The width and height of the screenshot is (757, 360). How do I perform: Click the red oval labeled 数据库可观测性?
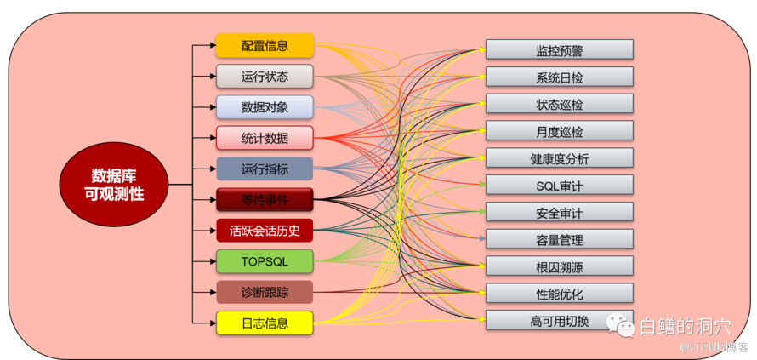(113, 185)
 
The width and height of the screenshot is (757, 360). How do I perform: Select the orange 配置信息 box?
(265, 46)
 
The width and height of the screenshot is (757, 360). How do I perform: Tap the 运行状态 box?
(265, 77)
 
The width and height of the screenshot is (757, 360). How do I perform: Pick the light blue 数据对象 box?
(265, 107)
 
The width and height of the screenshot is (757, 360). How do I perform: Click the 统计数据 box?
(265, 138)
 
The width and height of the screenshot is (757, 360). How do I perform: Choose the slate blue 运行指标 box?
(265, 169)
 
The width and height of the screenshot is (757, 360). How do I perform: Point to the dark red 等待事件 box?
(265, 200)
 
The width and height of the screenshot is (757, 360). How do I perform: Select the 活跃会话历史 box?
(265, 231)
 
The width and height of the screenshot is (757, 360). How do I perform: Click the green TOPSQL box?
(265, 261)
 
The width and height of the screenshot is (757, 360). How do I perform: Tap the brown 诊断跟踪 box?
(265, 293)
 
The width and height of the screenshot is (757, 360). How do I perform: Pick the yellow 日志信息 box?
(265, 323)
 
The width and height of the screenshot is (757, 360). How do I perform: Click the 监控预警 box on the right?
(560, 50)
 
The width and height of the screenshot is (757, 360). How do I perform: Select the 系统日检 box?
(560, 77)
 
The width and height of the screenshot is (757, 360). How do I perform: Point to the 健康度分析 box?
(560, 159)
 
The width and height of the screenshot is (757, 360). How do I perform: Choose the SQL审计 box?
(560, 186)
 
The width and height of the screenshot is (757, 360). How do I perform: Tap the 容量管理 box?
(560, 240)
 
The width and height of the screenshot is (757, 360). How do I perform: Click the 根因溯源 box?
(560, 267)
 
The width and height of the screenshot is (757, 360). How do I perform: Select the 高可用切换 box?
(560, 321)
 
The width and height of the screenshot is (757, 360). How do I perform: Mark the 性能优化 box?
(560, 294)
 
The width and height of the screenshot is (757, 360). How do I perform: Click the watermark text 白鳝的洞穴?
(684, 326)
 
